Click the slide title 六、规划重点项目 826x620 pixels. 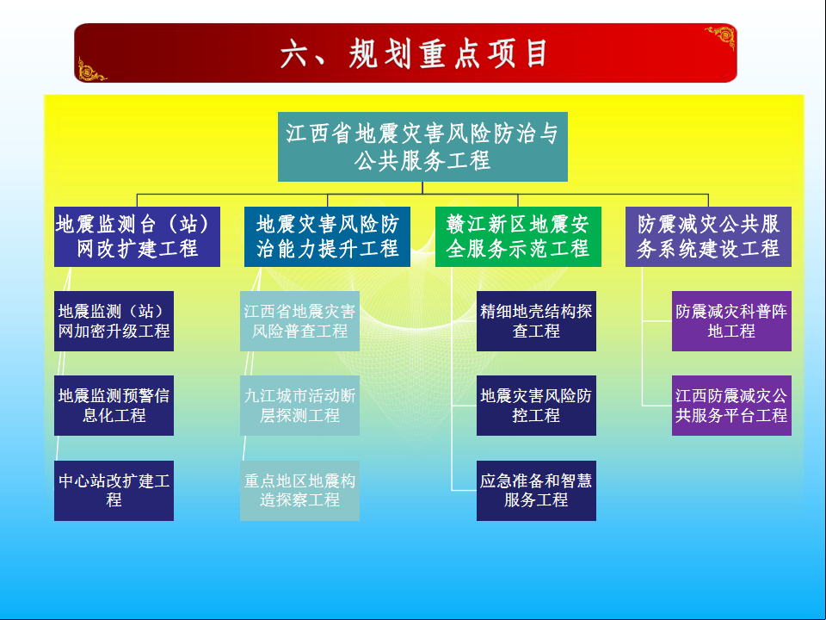[x=414, y=54]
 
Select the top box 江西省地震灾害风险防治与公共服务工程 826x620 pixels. [x=422, y=146]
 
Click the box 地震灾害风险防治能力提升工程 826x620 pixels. [x=327, y=237]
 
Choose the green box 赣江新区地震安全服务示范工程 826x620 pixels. [x=518, y=237]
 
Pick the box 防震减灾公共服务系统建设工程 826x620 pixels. [x=708, y=237]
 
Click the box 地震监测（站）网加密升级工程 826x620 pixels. [x=114, y=321]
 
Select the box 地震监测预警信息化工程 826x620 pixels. [x=114, y=406]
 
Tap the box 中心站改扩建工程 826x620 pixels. [x=114, y=491]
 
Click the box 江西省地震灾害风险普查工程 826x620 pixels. [x=299, y=321]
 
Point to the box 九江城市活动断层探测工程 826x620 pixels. [x=299, y=406]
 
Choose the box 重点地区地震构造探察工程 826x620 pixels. [x=299, y=491]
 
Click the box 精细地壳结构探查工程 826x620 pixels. [x=536, y=321]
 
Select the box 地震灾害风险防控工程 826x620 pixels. [x=536, y=406]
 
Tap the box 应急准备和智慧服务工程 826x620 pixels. [x=536, y=491]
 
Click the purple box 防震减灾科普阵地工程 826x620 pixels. [x=730, y=321]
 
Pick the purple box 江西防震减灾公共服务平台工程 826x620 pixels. [x=730, y=406]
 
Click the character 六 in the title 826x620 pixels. [x=294, y=54]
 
